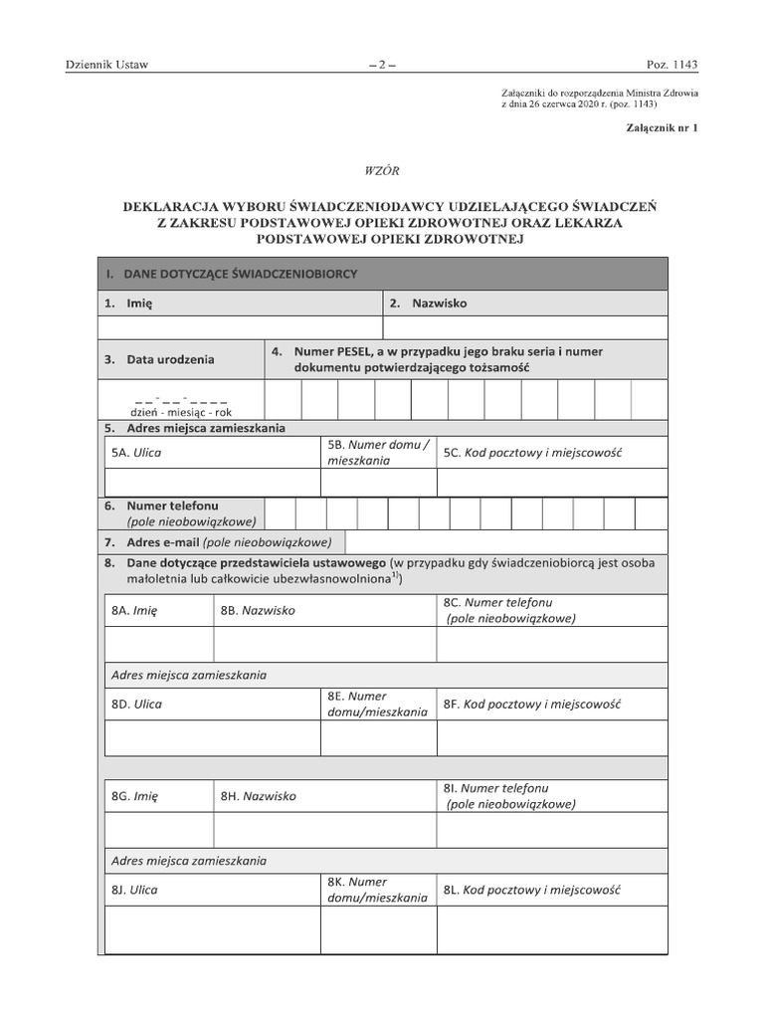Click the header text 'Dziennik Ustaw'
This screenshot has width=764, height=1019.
(x=106, y=65)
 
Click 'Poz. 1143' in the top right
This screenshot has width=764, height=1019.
(x=672, y=65)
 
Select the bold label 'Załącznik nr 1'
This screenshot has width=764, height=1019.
(x=662, y=128)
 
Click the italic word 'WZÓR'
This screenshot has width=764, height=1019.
(x=383, y=171)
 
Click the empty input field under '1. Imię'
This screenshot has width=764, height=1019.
(x=240, y=327)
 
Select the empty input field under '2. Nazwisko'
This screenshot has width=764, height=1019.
(x=525, y=327)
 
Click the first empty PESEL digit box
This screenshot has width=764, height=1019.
(x=283, y=400)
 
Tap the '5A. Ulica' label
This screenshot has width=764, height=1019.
(x=136, y=453)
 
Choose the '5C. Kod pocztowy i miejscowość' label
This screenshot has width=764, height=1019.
(x=532, y=453)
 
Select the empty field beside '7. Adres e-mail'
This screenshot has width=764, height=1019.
(x=506, y=542)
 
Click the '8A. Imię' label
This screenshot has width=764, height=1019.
(x=134, y=611)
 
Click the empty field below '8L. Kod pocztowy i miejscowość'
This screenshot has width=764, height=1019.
(x=552, y=929)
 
